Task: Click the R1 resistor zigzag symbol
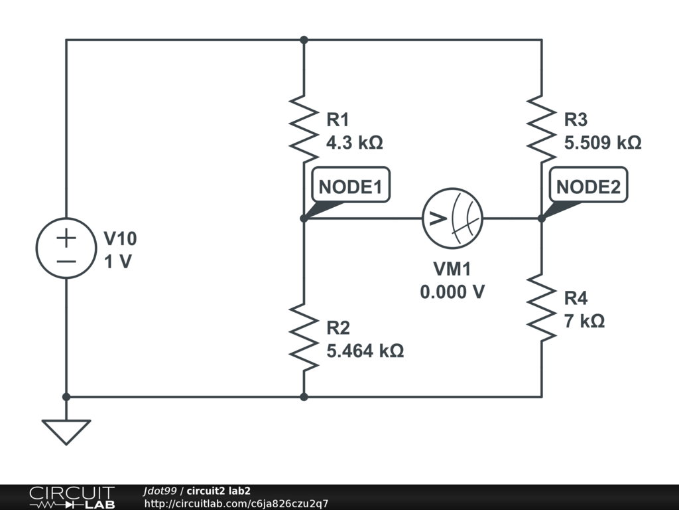coord(303,129)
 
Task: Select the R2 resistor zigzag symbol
coord(303,337)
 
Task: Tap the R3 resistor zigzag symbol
coord(541,129)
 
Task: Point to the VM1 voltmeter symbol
coord(453,218)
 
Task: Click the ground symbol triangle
coord(66,432)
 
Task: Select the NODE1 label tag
coord(350,187)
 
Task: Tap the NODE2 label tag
coord(588,187)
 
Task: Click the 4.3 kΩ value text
coord(355,143)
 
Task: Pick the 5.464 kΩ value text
coord(365,351)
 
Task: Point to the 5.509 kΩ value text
coord(602,143)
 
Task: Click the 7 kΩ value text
coord(584,321)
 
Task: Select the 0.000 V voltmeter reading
coord(452,292)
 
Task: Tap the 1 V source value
coord(118,262)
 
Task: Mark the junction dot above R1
coord(304,40)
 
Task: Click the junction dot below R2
coord(304,397)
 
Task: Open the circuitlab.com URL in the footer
coord(236,504)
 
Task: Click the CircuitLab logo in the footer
coord(71,497)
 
